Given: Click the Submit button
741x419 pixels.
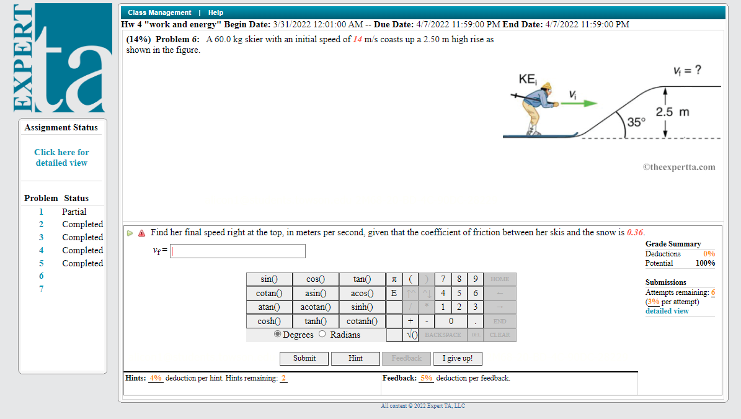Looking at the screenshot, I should point(304,358).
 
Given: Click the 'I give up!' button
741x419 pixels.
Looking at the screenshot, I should point(458,358).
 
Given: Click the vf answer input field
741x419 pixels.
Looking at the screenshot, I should point(237,251).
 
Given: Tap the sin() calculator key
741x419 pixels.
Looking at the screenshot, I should point(268,279).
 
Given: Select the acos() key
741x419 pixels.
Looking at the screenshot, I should point(362,293).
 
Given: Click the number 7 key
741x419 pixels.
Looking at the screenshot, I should point(443,279).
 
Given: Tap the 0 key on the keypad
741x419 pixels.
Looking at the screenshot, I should point(450,321).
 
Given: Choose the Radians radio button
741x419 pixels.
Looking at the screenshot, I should point(322,334).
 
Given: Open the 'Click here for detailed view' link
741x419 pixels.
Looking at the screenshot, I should point(61,157).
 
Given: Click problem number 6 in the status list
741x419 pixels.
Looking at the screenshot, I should point(42,276).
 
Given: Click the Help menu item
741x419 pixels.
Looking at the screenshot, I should point(216,12).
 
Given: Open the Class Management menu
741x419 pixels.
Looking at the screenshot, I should point(159,12).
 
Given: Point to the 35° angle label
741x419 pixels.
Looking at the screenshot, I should point(636,122).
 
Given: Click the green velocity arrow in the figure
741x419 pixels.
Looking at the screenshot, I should point(580,104).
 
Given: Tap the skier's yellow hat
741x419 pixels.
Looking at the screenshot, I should point(546,86).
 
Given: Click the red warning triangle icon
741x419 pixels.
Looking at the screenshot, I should point(141,233).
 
